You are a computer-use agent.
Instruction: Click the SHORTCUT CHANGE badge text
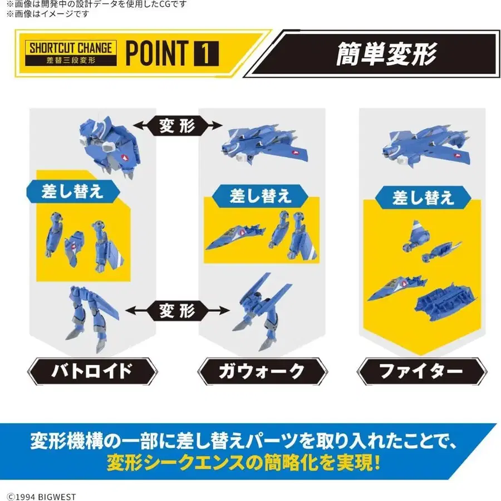click(71, 48)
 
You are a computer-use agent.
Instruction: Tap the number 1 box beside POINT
click(206, 53)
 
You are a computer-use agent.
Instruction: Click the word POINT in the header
click(157, 53)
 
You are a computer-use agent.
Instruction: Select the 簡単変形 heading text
click(386, 54)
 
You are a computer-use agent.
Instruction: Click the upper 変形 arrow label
click(178, 125)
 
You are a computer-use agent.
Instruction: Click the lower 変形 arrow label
click(178, 310)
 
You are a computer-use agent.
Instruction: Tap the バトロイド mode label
click(92, 371)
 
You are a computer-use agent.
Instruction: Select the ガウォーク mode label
click(262, 371)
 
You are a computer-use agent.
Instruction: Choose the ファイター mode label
click(421, 371)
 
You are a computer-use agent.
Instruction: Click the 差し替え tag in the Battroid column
click(72, 191)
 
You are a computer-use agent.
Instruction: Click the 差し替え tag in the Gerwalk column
click(260, 195)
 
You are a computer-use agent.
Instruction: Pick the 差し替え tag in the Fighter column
click(423, 198)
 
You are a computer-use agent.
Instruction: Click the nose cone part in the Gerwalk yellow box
click(235, 237)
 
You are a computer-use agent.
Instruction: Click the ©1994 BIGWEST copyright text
click(42, 497)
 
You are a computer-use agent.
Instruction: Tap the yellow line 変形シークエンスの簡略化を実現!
click(243, 463)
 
